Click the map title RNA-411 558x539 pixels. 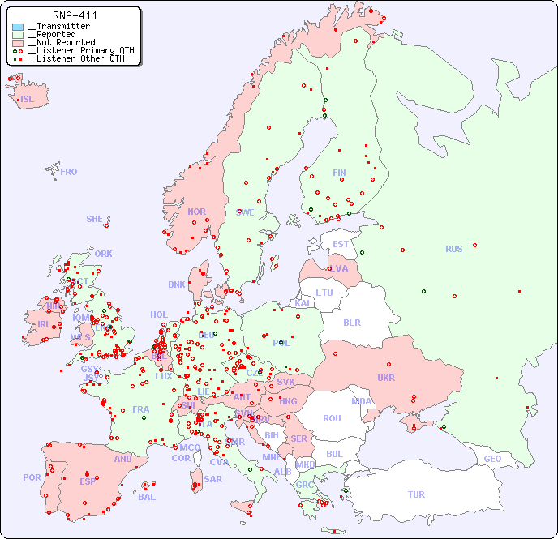coord(75,15)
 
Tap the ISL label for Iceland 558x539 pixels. coord(28,100)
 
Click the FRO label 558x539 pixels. coord(69,172)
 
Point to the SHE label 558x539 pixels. coord(95,219)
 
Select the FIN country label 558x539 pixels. coord(339,173)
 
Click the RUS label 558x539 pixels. coord(453,249)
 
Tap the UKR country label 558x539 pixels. coord(386,378)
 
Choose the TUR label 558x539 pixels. coord(416,494)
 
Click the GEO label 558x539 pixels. coord(492,459)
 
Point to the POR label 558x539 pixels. coord(32,477)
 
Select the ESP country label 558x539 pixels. coord(88,481)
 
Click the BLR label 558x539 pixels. coord(352,322)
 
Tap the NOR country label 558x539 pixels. coord(196,212)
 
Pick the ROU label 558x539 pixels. coord(332,418)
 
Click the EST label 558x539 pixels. coord(341,244)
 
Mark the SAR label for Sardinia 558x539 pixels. coord(213,479)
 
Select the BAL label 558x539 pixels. coord(147,497)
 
